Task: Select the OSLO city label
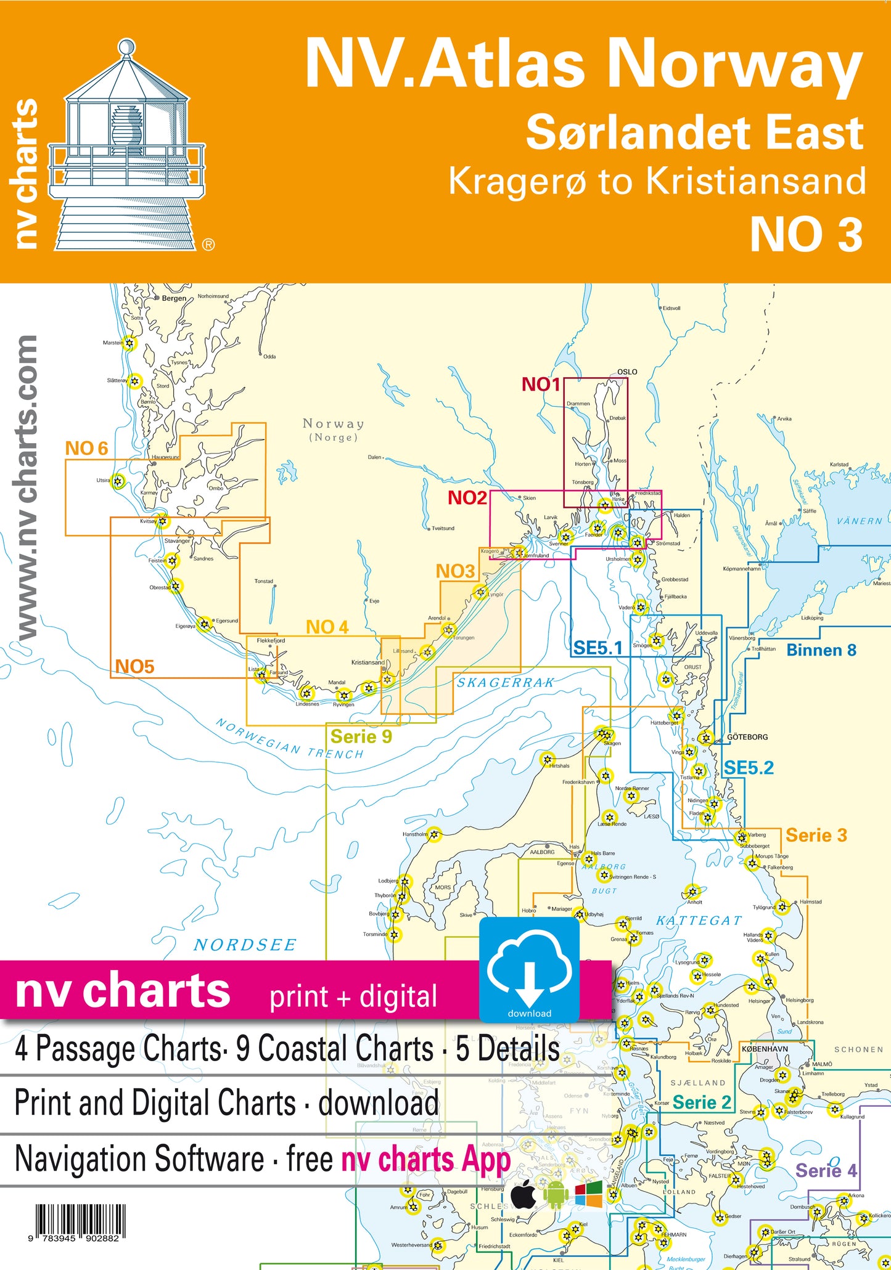tap(627, 372)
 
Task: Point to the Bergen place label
tap(174, 298)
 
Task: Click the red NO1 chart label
tap(541, 385)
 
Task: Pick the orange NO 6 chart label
tap(86, 448)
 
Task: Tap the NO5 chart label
tap(134, 666)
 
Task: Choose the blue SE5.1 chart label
tap(597, 648)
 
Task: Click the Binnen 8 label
tap(821, 650)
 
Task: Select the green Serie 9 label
tap(361, 736)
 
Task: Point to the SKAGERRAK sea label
tap(505, 683)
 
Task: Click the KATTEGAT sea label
tap(699, 921)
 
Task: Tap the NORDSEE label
tap(245, 945)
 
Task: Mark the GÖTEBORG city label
tap(747, 737)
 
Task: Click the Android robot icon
tap(556, 1195)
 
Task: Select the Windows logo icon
tap(588, 1195)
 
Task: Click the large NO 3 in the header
tap(806, 235)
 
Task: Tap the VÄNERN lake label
tap(860, 521)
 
